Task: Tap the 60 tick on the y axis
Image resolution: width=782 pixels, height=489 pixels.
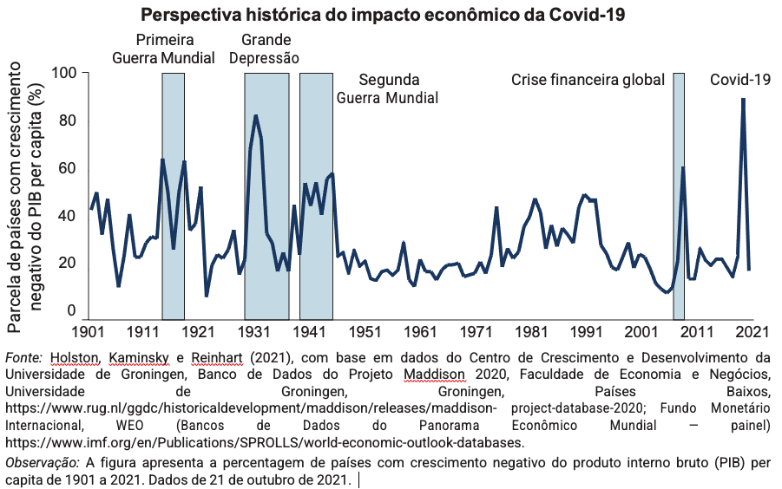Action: coord(68,168)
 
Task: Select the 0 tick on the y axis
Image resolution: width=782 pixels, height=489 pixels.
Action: coord(72,310)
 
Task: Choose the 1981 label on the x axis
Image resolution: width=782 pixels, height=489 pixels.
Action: coord(532,332)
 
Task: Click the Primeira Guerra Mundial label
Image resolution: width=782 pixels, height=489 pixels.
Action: coord(164,49)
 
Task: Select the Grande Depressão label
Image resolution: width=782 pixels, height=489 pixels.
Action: coord(266,49)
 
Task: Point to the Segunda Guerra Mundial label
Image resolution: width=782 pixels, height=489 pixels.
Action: coord(387,88)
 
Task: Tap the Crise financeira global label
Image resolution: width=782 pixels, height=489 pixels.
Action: coord(588,80)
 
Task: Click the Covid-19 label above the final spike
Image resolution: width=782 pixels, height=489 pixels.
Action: coord(740,80)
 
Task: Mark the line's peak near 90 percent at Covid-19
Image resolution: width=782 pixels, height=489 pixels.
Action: coord(743,99)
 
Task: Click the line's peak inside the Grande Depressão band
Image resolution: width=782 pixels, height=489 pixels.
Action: coord(255,115)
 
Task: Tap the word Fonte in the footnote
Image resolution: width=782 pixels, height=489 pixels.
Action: coord(22,357)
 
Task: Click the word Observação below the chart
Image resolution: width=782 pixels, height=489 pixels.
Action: coord(41,463)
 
